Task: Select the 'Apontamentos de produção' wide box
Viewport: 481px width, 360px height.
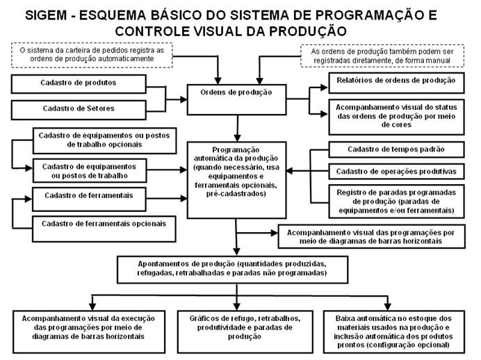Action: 237,268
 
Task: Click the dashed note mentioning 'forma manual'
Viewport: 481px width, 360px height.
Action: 386,56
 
